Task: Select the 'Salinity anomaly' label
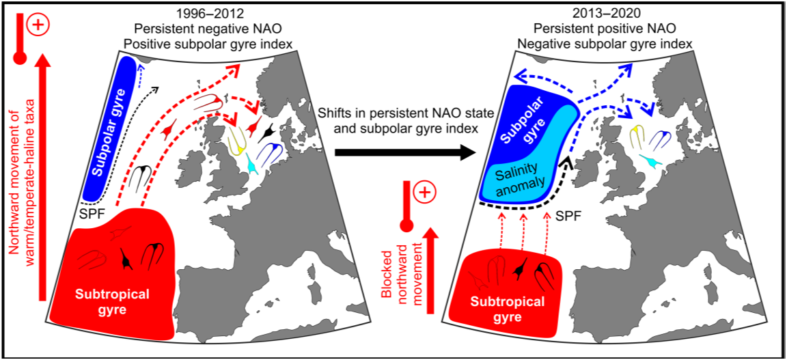click(x=524, y=176)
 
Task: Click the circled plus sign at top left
click(x=38, y=26)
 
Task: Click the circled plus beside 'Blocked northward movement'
click(x=424, y=193)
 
